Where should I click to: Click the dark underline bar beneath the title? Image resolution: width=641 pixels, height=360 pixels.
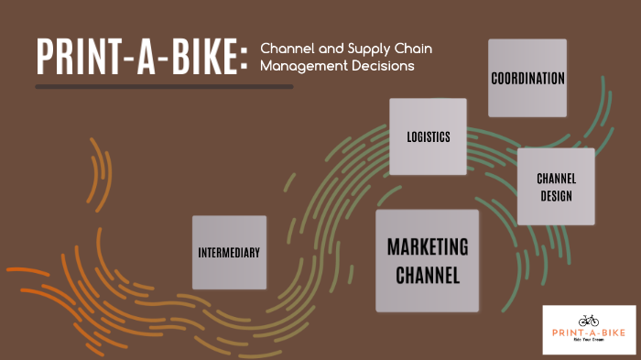click(x=164, y=87)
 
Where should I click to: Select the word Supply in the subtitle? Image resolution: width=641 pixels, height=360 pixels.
click(x=364, y=48)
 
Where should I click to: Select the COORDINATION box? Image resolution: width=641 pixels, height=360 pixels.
click(x=527, y=78)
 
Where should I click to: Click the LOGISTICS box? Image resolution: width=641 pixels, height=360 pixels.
click(x=428, y=136)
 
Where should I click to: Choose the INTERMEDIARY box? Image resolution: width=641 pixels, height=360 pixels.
click(x=229, y=252)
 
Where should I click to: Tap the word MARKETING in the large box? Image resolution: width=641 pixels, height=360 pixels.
click(x=428, y=247)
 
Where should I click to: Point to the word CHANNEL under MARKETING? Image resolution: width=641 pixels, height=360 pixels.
click(x=428, y=273)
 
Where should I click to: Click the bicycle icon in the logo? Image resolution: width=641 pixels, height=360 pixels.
click(x=589, y=320)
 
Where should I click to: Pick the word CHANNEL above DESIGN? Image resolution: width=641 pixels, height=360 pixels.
click(x=556, y=179)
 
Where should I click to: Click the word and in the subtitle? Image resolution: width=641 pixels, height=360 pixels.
click(x=326, y=48)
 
